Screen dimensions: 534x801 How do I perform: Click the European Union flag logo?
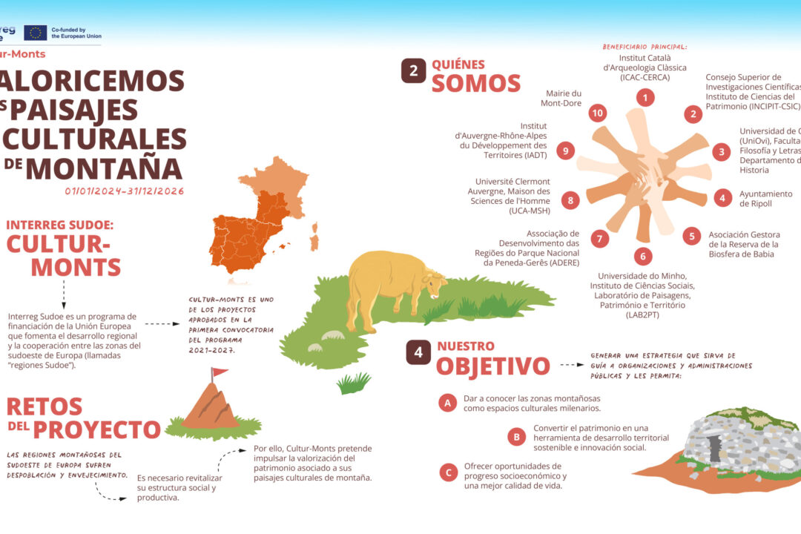point(35,33)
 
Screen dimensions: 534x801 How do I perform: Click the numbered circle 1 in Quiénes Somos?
point(646,97)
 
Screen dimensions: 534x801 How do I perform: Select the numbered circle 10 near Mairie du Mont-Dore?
point(598,113)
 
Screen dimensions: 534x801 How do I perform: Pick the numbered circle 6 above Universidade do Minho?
point(643,256)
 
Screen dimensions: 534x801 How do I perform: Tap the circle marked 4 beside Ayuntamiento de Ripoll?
point(723,197)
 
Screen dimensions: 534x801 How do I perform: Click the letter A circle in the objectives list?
point(447,403)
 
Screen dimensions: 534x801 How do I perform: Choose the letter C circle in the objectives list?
point(447,472)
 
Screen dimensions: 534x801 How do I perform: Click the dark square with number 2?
point(414,70)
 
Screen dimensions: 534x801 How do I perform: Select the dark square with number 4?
point(418,353)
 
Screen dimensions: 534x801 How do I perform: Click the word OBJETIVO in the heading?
point(492,366)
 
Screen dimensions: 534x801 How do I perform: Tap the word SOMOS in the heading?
point(476,83)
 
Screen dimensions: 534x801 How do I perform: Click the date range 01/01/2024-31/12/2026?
point(125,191)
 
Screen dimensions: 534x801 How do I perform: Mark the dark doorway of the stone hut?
point(715,449)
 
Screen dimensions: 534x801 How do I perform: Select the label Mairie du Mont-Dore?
point(563,99)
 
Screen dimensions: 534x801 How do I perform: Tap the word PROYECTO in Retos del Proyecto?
point(96,429)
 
